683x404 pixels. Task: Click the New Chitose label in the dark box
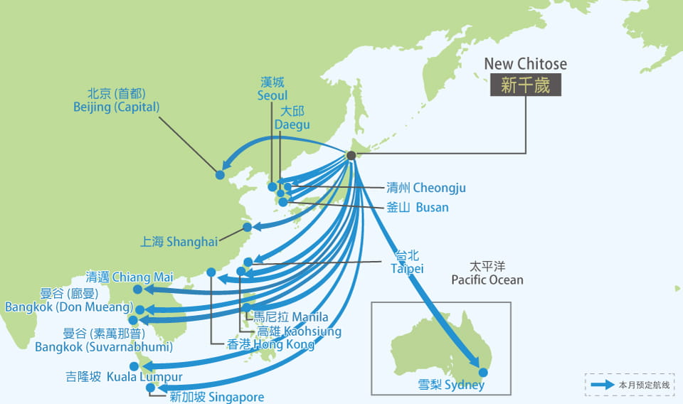pos(525,85)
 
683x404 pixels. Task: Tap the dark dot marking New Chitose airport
pos(351,156)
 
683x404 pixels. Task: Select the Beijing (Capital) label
pos(116,100)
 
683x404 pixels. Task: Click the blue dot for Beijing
pos(220,174)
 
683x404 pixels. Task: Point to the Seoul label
pos(273,89)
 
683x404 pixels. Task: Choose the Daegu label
pos(292,118)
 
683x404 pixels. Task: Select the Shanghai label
pos(179,242)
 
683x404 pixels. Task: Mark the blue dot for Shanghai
pos(247,228)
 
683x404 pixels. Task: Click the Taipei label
pos(407,262)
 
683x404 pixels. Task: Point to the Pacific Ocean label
pos(487,274)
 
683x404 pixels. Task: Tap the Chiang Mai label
pos(119,277)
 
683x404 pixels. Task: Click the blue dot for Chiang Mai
pos(137,289)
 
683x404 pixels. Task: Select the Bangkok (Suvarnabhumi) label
pos(104,341)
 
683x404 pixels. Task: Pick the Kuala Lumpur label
pos(124,377)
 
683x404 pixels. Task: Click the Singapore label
pos(217,397)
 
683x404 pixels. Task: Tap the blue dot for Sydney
pos(484,372)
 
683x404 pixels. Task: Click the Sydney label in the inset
pos(452,386)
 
